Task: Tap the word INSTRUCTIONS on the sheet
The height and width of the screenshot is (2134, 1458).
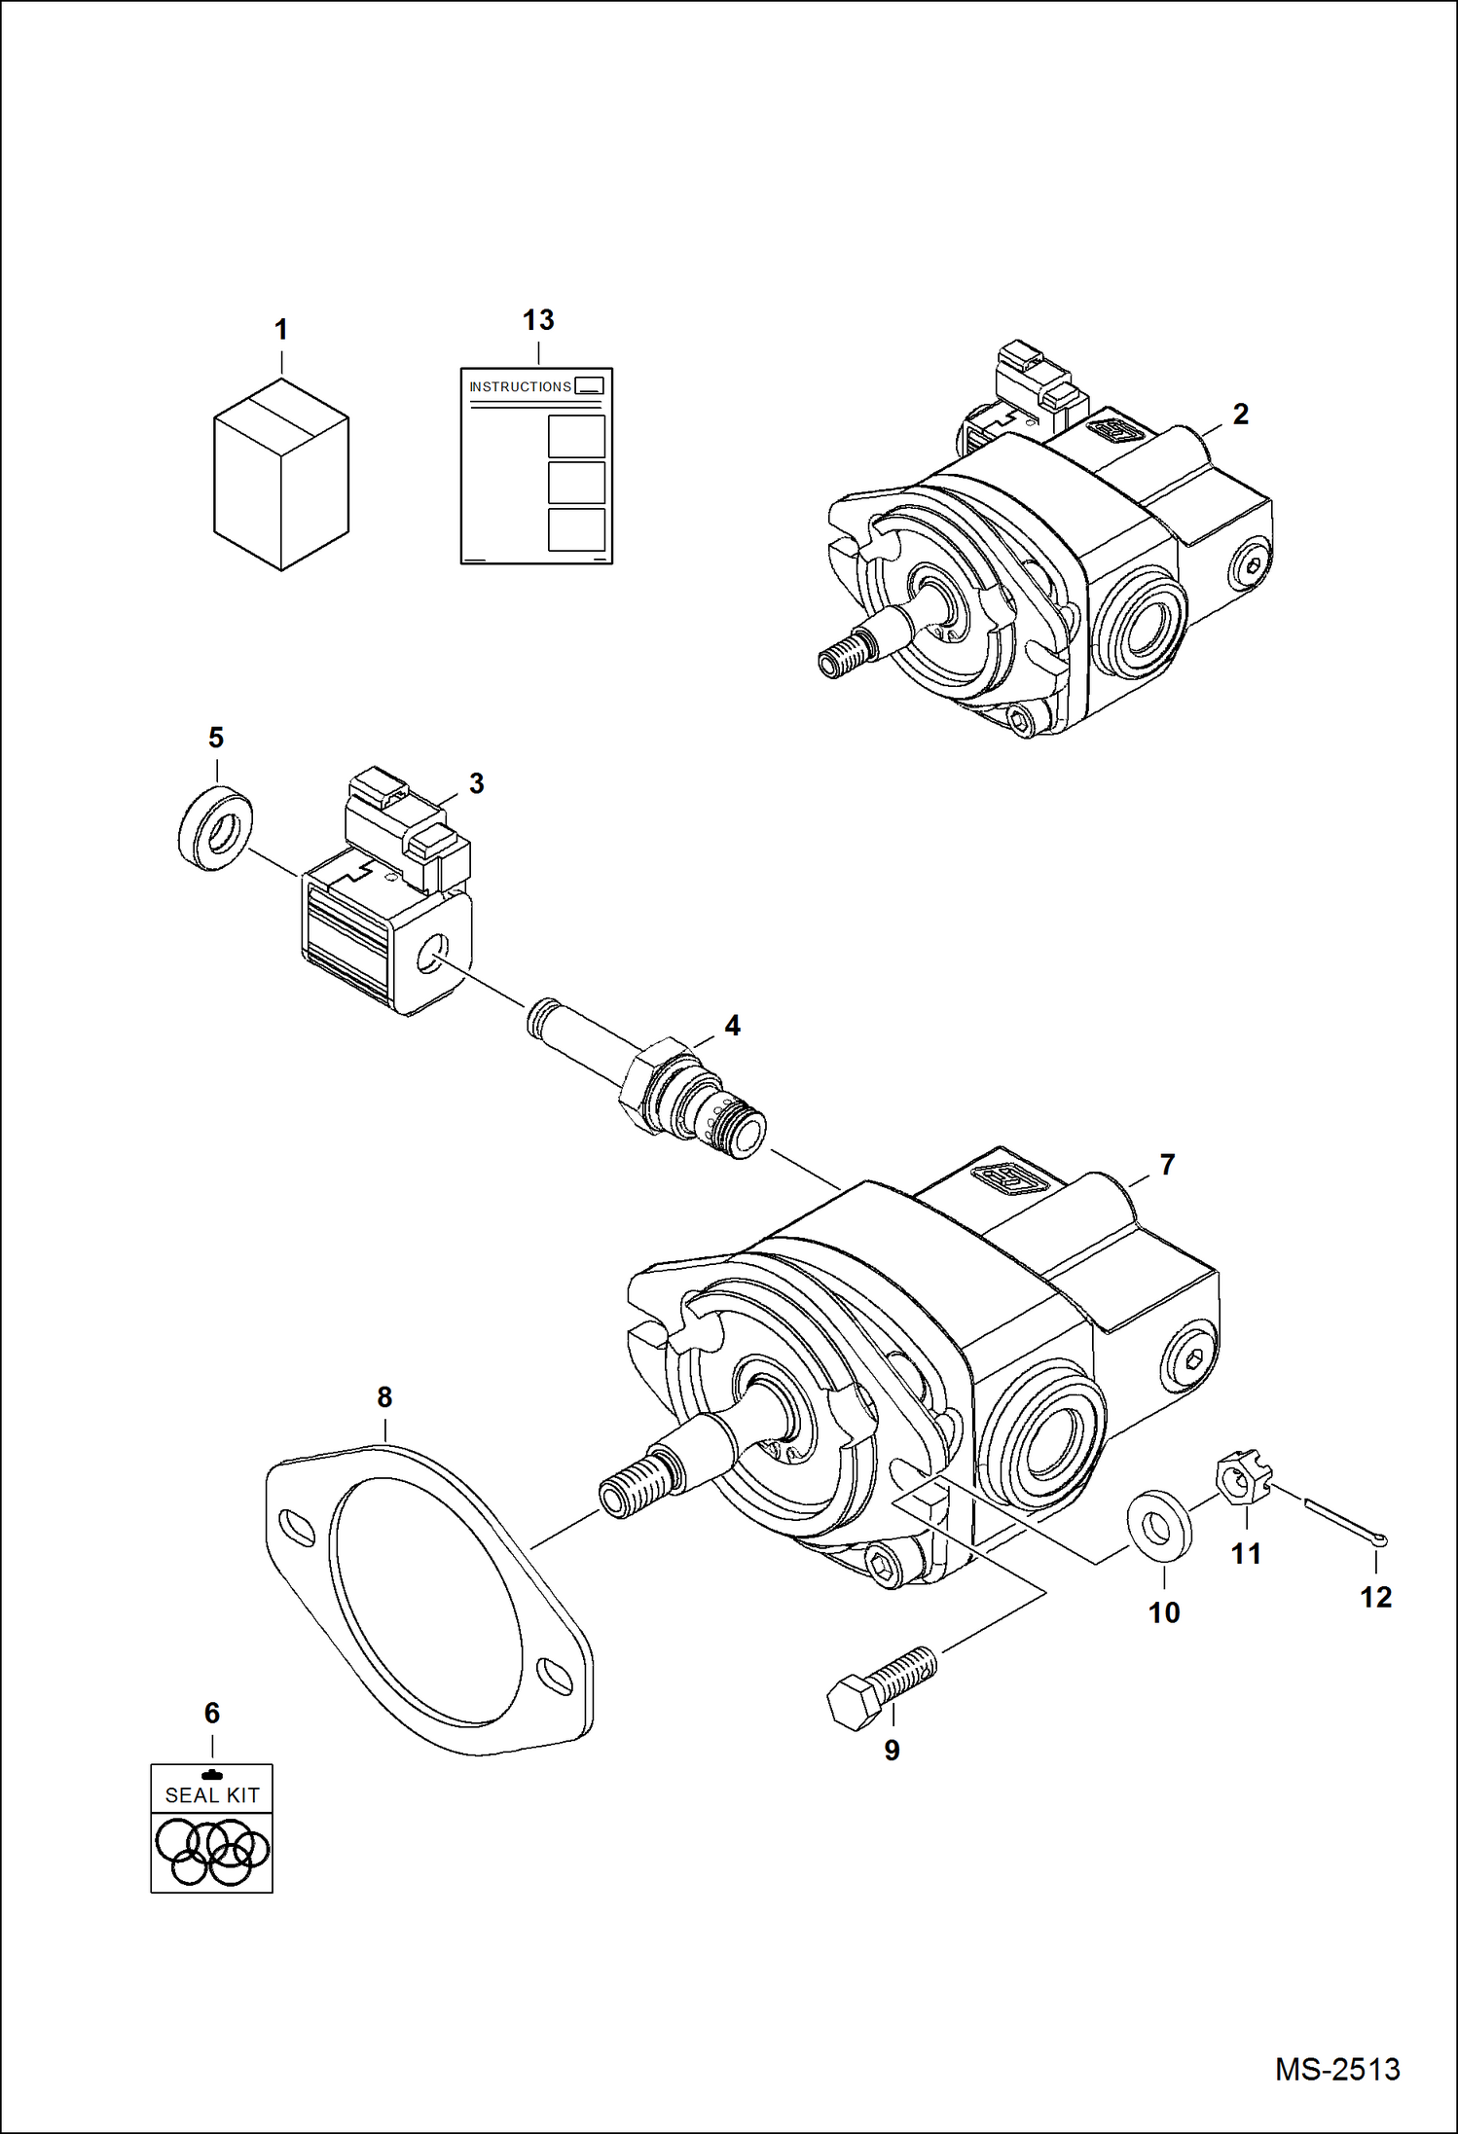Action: tap(520, 386)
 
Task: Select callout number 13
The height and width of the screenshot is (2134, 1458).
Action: tap(538, 320)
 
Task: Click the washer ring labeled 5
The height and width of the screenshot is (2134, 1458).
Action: tap(216, 830)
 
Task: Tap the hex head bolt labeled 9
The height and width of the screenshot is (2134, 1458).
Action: tap(881, 1688)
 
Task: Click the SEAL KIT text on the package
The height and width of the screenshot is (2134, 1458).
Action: tap(212, 1794)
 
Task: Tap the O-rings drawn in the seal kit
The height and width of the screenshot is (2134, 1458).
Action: tap(212, 1850)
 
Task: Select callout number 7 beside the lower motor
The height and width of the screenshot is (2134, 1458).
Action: tap(1167, 1164)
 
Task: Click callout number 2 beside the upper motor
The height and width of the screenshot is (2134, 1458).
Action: tap(1240, 414)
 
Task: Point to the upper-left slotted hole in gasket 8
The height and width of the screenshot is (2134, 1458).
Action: tap(297, 1528)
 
